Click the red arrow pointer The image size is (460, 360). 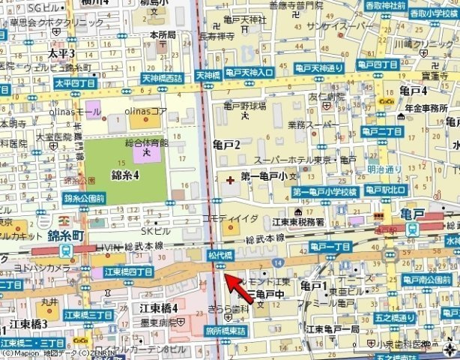(234, 286)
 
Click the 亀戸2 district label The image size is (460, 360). (226, 144)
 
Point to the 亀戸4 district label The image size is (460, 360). (413, 91)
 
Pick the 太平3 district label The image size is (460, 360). (61, 54)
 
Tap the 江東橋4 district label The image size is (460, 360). (158, 307)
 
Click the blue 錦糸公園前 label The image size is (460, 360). (84, 199)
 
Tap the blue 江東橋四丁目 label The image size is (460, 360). (129, 271)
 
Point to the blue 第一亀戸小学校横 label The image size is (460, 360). (327, 192)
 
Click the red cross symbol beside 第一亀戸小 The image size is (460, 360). (229, 180)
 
